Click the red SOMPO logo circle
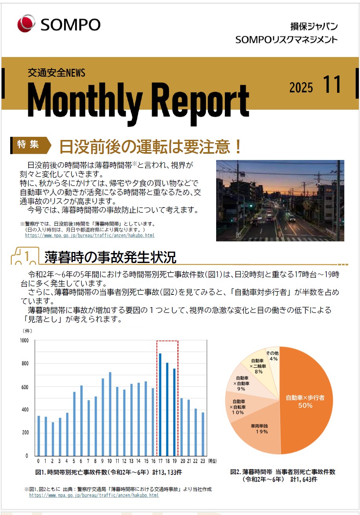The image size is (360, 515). (x=26, y=24)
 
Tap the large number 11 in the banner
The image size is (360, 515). (x=332, y=85)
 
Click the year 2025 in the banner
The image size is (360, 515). (x=301, y=87)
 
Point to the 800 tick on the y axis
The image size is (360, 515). (x=24, y=364)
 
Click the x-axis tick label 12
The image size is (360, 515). (x=124, y=461)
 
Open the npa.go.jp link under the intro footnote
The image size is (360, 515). (x=90, y=235)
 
